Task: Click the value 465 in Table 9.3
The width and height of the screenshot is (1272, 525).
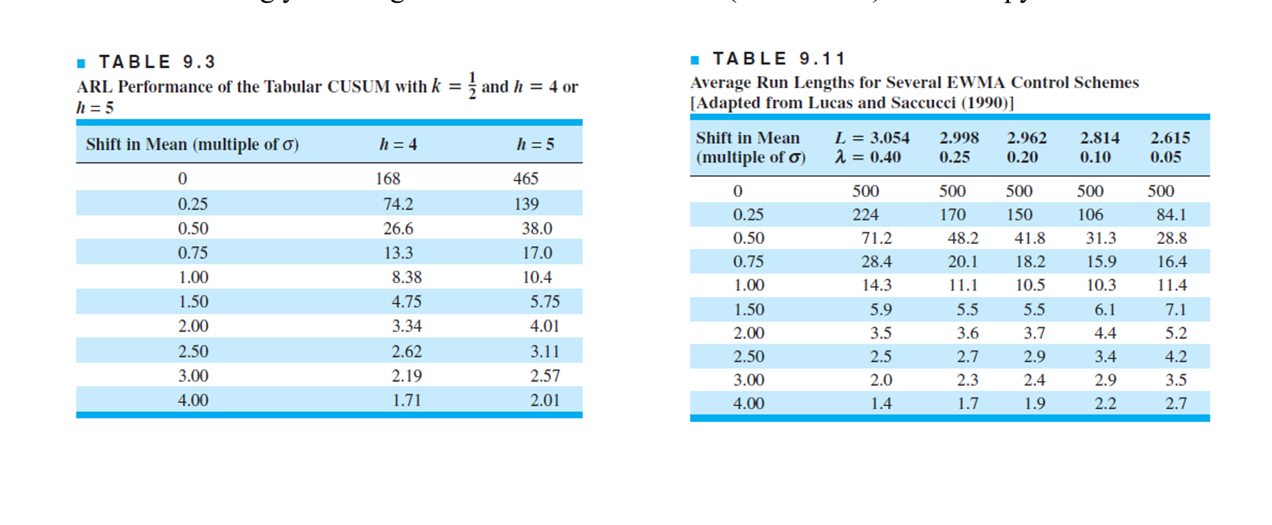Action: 525,178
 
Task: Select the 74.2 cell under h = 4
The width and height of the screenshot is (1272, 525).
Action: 398,204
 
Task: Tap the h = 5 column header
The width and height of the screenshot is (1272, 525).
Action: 535,145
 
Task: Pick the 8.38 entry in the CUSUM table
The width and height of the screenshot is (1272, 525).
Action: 406,277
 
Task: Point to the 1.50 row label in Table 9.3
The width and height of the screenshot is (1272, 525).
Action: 193,302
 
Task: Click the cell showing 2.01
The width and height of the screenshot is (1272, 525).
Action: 544,400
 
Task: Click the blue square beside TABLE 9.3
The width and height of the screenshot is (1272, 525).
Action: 81,63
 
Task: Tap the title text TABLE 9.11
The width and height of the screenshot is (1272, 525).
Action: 778,59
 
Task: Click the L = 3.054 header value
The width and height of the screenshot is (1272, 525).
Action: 872,138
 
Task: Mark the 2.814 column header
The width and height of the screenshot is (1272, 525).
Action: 1099,138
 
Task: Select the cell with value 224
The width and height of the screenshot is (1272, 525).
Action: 865,215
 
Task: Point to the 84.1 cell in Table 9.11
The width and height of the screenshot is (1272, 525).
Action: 1171,215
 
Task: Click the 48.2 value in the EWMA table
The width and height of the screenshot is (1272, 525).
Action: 962,238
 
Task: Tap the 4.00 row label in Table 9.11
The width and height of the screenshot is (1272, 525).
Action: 748,403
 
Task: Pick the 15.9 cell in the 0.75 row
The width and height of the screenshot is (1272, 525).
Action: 1101,262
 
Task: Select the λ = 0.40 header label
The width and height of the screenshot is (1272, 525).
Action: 868,157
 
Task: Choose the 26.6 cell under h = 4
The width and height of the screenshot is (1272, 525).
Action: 398,228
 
